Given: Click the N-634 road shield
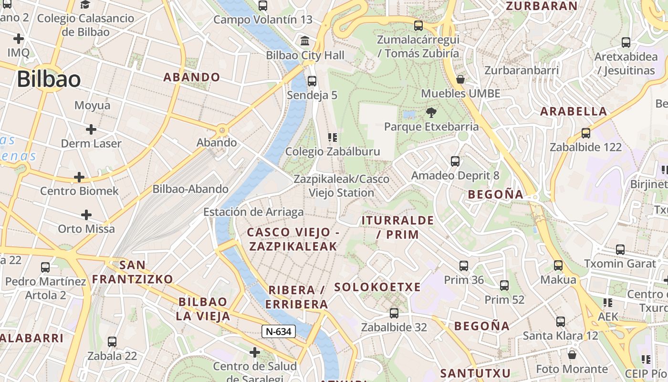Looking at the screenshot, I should point(279,331).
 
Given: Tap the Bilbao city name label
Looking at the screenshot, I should point(49,79).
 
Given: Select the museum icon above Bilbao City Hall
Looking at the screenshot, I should point(305,40).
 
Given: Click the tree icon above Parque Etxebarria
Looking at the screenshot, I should point(431,113).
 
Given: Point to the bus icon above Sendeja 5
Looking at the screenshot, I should point(312,81).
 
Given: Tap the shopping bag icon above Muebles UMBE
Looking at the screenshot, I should point(460,79).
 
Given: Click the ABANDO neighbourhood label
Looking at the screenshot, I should point(192,77).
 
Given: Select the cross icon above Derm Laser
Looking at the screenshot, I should point(91,129).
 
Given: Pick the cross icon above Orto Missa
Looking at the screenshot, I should point(86,215).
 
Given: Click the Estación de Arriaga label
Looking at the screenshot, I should point(253,212).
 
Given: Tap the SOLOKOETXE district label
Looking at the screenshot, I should point(377,287).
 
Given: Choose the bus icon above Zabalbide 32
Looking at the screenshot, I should point(394,313).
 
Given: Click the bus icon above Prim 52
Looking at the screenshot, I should point(504,286).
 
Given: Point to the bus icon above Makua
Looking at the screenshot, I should point(558,265).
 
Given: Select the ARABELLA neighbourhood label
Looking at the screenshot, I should point(574,112).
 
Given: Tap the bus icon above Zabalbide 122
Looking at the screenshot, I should point(585,133).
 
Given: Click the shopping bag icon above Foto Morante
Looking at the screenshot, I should point(572,355).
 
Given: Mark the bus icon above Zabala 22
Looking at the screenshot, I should point(112,342).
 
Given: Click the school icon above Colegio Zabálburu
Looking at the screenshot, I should point(333,138).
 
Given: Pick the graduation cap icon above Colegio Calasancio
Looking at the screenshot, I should point(85,5).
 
